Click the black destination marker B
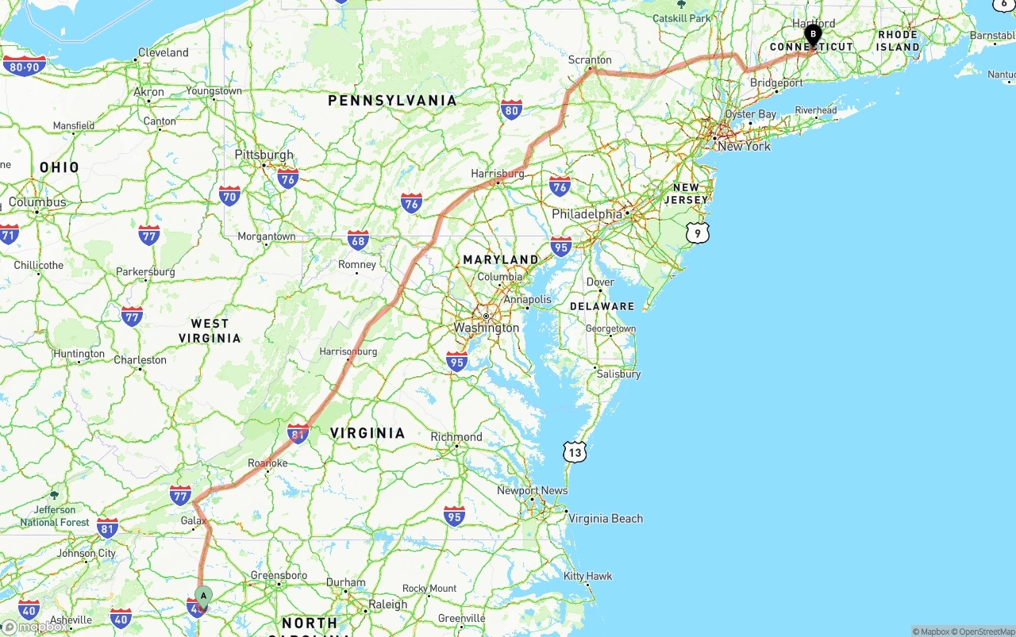click(812, 35)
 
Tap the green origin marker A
click(203, 596)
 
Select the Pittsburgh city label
click(264, 155)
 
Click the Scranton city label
click(590, 59)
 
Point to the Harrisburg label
click(498, 173)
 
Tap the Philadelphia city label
click(587, 214)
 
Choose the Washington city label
click(486, 328)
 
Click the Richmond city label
click(456, 437)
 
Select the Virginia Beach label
click(606, 519)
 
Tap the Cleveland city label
click(164, 52)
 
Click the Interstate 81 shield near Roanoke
click(298, 433)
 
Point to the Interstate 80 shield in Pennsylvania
click(512, 110)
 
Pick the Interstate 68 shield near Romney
click(358, 240)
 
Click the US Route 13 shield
click(575, 453)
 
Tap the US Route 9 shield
click(698, 232)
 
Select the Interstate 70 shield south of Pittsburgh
click(230, 195)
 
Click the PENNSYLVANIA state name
click(393, 101)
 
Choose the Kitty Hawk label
click(588, 576)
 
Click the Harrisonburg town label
click(348, 351)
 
